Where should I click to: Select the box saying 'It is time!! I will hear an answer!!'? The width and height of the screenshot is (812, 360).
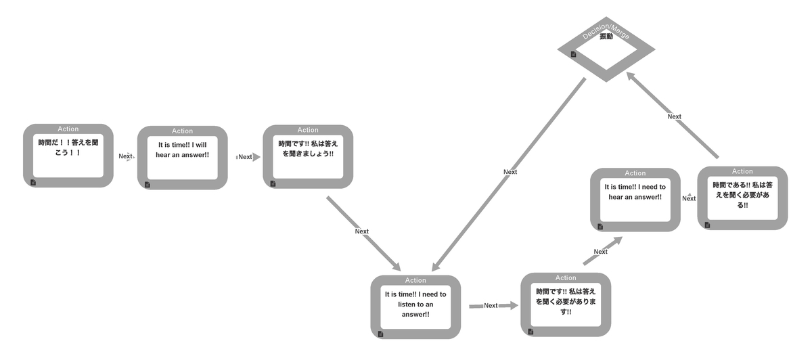pos(183,157)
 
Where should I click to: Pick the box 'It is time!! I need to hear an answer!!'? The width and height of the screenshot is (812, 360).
pos(635,199)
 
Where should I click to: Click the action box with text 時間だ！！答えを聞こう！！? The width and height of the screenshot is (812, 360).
pos(68,155)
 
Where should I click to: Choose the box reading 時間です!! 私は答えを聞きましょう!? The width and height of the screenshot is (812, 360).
pos(308,156)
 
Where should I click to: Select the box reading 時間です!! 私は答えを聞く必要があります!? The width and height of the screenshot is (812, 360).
pos(566,304)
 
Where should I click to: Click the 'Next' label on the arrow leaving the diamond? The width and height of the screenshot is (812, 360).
pos(510,172)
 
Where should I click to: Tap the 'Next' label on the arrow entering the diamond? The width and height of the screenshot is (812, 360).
pos(675,116)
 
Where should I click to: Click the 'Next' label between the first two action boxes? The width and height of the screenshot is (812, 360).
pos(125,156)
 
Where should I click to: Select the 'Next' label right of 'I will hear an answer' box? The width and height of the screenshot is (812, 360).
pos(245,157)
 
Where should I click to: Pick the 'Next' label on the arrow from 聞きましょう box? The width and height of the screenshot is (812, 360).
pos(362,231)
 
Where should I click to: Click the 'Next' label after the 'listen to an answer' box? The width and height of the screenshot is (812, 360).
pos(491,306)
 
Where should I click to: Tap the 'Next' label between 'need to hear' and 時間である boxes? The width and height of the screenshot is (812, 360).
pos(689,198)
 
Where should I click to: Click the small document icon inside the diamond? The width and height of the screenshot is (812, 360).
pos(573,54)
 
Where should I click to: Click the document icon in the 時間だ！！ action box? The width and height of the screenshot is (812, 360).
pos(33,182)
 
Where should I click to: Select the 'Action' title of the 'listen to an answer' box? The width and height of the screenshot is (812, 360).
pos(415,280)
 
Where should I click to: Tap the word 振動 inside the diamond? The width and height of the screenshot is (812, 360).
pos(606,37)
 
